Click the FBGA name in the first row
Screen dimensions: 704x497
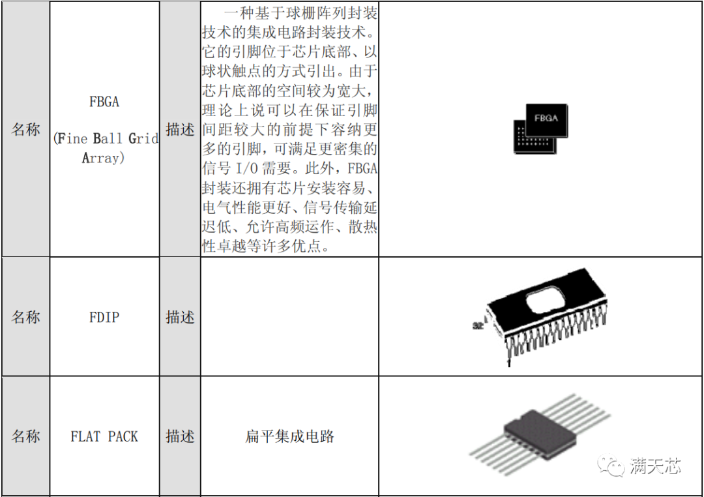click(104, 102)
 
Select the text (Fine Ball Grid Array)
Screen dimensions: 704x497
click(106, 148)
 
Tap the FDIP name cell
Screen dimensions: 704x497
click(104, 317)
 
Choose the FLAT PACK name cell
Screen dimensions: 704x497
click(104, 436)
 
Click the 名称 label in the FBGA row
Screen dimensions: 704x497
click(25, 129)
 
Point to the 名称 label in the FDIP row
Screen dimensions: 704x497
click(25, 317)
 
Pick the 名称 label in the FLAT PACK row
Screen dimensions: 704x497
click(25, 436)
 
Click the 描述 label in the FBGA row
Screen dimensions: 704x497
click(180, 129)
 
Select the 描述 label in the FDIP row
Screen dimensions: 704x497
click(180, 317)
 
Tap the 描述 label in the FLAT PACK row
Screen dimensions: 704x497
click(180, 436)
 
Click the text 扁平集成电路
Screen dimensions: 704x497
click(289, 436)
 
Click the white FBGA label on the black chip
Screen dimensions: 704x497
click(546, 118)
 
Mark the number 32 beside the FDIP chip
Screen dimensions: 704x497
click(478, 326)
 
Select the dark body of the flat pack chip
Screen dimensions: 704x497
click(540, 434)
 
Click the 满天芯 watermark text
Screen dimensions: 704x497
click(655, 466)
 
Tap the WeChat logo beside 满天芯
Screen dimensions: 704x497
click(611, 466)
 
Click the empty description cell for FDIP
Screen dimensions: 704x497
click(289, 317)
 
